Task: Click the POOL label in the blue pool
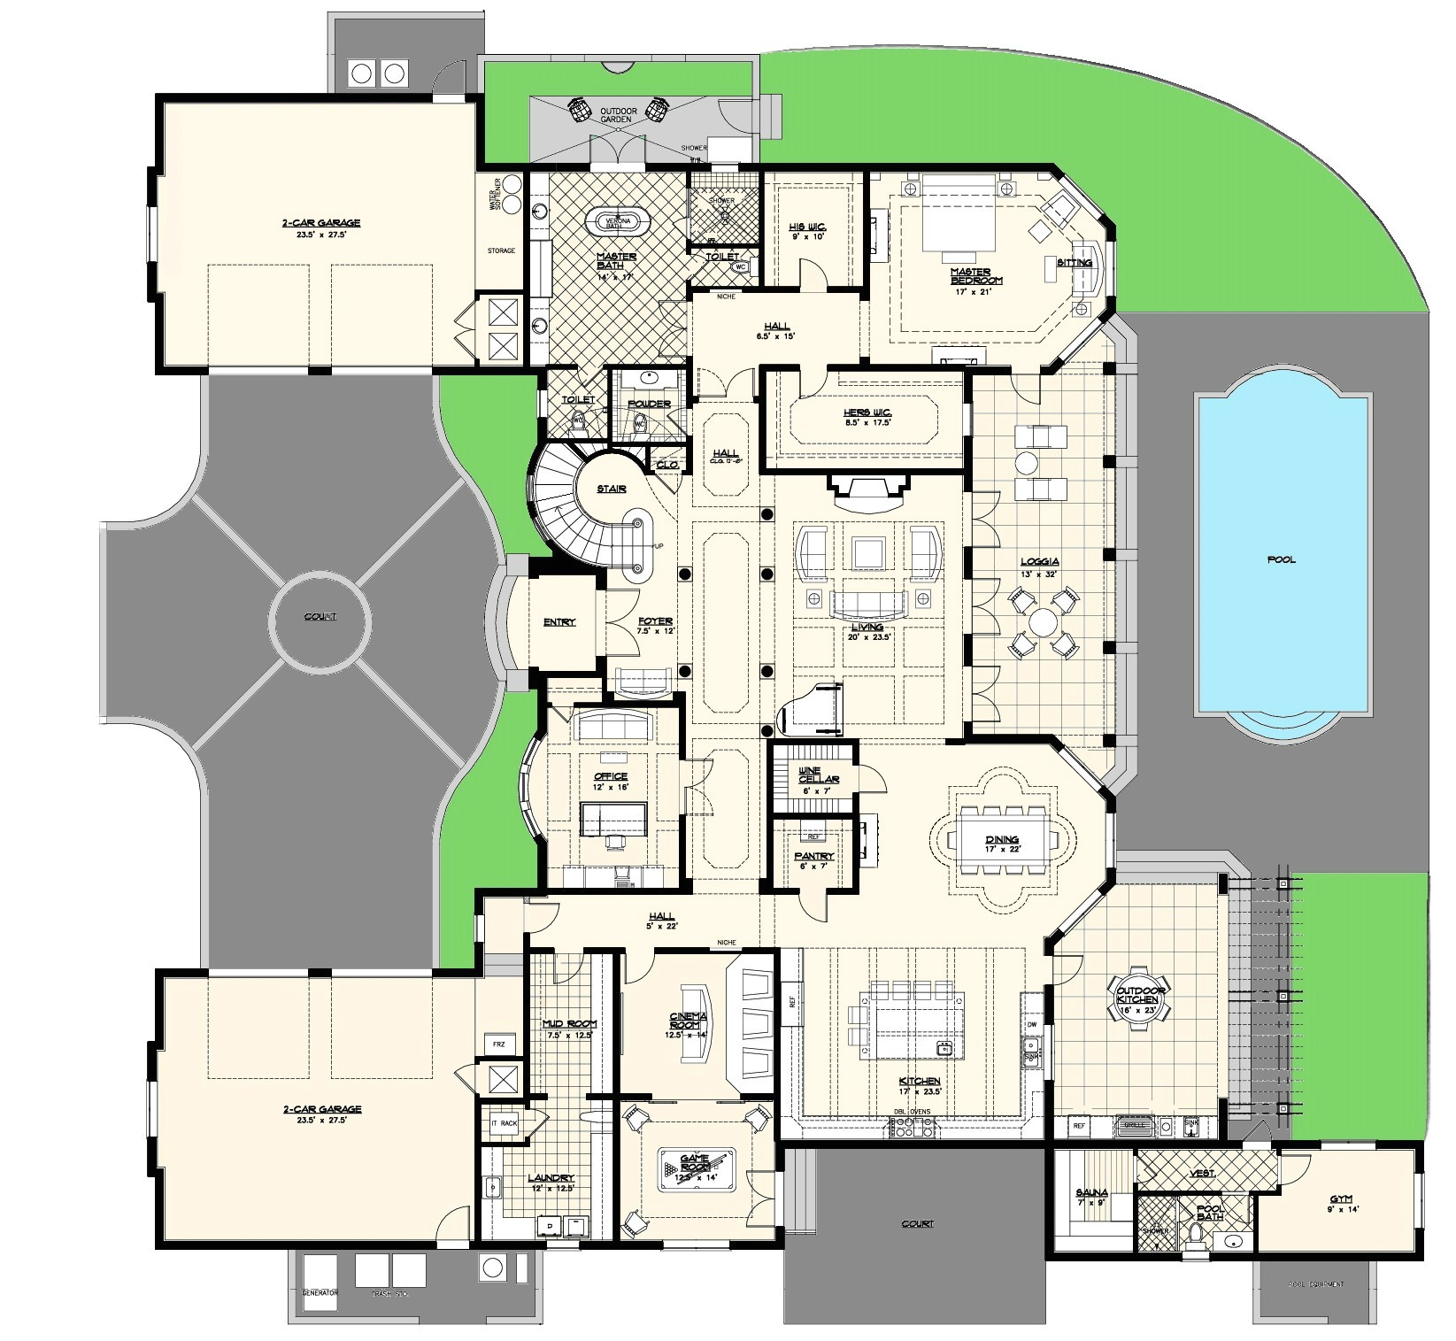coord(1280,559)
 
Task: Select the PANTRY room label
coord(813,857)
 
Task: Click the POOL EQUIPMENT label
coord(1316,1284)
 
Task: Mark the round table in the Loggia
coord(1042,621)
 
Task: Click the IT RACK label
coord(503,1123)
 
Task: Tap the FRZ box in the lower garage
coord(498,1044)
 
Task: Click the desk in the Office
coord(613,816)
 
